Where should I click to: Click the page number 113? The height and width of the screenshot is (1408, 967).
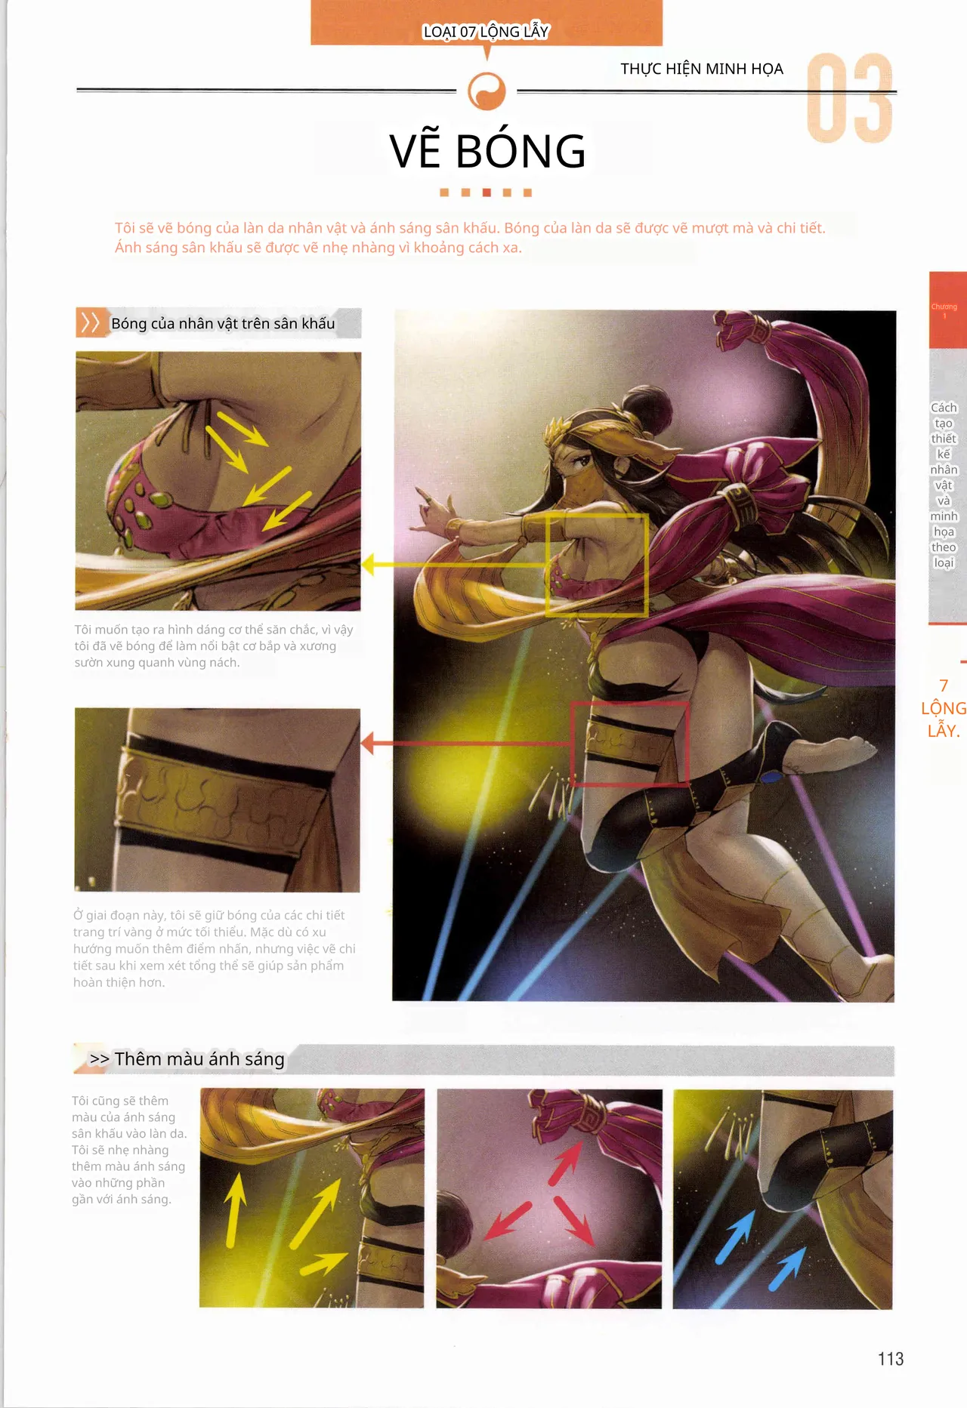pyautogui.click(x=891, y=1359)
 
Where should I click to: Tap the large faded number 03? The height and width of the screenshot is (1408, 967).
pyautogui.click(x=850, y=98)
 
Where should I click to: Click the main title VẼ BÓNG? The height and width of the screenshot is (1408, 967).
pyautogui.click(x=487, y=150)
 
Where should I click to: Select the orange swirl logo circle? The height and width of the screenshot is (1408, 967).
pyautogui.click(x=487, y=91)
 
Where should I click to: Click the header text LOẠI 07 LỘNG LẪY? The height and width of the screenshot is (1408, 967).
pyautogui.click(x=486, y=32)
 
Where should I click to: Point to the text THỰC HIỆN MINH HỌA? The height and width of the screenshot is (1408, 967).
pyautogui.click(x=702, y=69)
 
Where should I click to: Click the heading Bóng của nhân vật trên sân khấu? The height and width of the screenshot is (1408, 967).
pyautogui.click(x=223, y=323)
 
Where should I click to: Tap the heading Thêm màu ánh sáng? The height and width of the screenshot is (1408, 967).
pyautogui.click(x=199, y=1058)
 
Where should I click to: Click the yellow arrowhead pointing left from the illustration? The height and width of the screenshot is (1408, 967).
pyautogui.click(x=368, y=564)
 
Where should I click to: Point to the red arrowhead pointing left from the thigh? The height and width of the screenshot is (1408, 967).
pyautogui.click(x=367, y=743)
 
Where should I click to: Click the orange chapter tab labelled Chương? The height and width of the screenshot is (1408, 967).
pyautogui.click(x=947, y=310)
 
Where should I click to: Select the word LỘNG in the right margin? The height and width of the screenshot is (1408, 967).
pyautogui.click(x=944, y=708)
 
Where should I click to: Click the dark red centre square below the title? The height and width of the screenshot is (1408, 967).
pyautogui.click(x=487, y=193)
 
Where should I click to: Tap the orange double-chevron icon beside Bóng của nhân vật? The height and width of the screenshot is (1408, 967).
pyautogui.click(x=90, y=323)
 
